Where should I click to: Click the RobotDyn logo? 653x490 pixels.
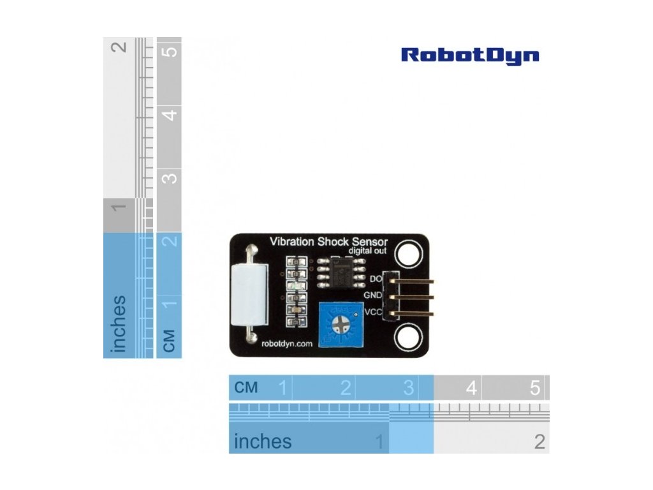click(x=470, y=56)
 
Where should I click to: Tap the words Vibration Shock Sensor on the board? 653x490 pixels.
click(x=329, y=241)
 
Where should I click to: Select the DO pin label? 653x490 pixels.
click(x=376, y=279)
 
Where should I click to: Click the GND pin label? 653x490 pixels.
click(x=372, y=295)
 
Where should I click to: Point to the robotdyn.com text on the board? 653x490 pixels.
click(x=287, y=343)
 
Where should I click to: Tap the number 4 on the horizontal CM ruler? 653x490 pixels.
click(x=471, y=387)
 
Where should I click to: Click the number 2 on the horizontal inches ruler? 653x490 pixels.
click(x=539, y=441)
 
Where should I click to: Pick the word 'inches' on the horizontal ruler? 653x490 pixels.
click(x=263, y=441)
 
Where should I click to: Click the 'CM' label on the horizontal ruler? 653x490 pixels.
click(x=246, y=387)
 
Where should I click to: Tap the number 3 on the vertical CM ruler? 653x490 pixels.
click(x=169, y=177)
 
